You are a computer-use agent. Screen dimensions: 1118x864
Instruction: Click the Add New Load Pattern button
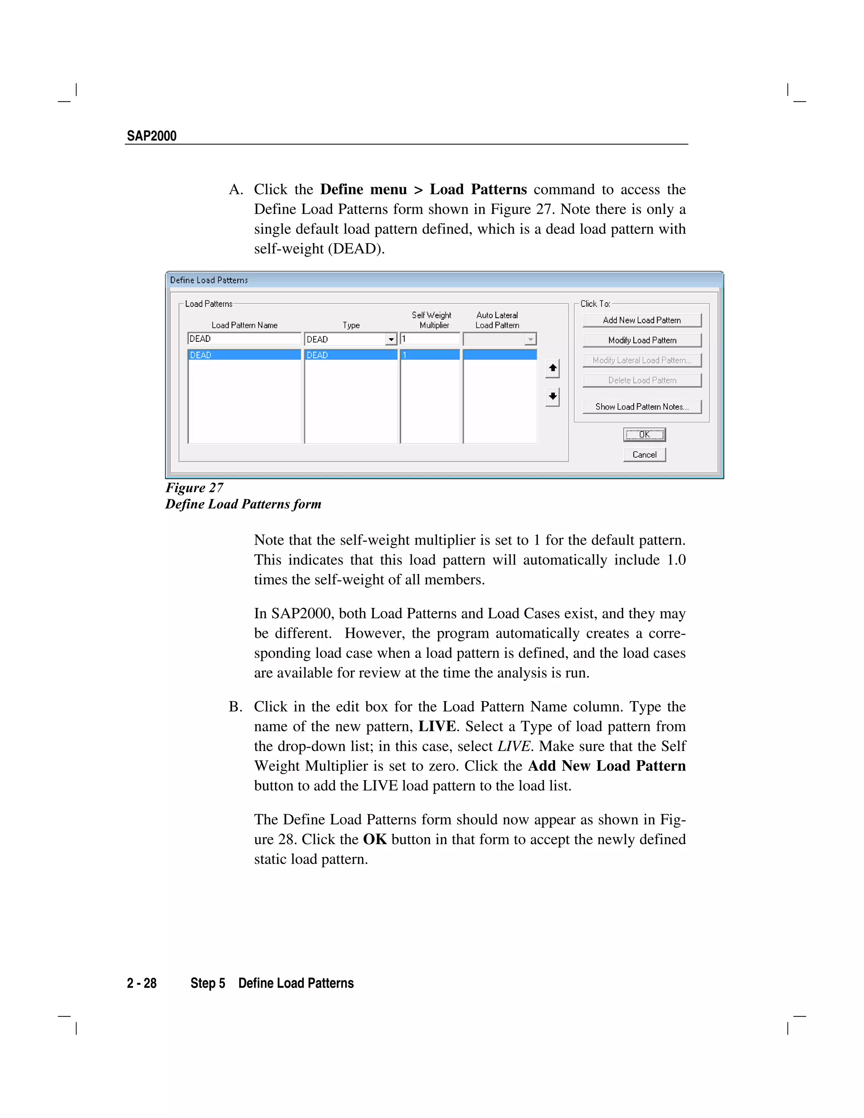tap(641, 320)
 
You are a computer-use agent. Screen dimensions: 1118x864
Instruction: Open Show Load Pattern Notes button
tap(641, 406)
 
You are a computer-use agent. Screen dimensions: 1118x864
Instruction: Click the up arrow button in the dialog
tap(552, 368)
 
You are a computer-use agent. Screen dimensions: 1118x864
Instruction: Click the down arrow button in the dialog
tap(552, 396)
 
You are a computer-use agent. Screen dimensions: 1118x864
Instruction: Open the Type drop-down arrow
tap(391, 339)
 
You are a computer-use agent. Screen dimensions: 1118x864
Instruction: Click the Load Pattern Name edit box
tap(244, 339)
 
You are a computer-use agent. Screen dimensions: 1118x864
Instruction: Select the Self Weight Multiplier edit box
tap(430, 339)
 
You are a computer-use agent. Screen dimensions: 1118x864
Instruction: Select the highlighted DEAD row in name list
tap(244, 355)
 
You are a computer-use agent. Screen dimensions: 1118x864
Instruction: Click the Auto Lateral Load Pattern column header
tap(497, 320)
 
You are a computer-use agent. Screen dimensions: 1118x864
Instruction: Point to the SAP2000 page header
tap(151, 136)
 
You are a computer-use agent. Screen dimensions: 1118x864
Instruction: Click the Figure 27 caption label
tap(194, 487)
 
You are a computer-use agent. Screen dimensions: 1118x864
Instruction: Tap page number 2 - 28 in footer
tap(142, 983)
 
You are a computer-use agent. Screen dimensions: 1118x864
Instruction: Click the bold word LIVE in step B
tap(437, 726)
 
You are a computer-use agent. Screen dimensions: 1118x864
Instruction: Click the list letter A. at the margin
tap(235, 190)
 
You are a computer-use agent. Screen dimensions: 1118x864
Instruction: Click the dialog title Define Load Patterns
tap(209, 280)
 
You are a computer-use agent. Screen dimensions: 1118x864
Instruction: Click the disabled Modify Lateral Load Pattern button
tap(641, 360)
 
